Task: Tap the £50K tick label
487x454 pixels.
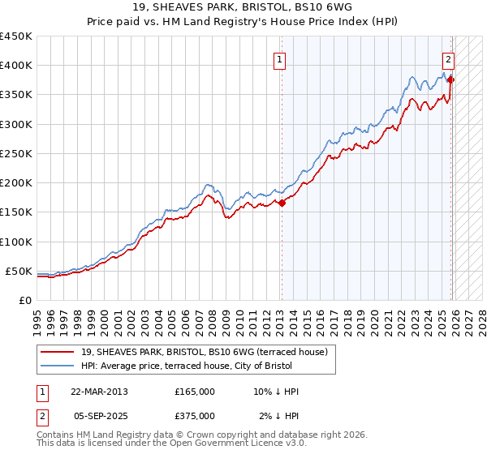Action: click(x=19, y=271)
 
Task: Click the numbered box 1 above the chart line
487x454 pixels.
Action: click(x=279, y=58)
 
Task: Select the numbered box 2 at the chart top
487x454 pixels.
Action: click(x=448, y=58)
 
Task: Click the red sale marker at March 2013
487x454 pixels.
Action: click(x=282, y=203)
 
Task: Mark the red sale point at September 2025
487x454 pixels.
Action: click(x=451, y=80)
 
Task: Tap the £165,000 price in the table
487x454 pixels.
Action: click(x=195, y=392)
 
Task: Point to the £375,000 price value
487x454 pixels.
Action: click(x=195, y=416)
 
